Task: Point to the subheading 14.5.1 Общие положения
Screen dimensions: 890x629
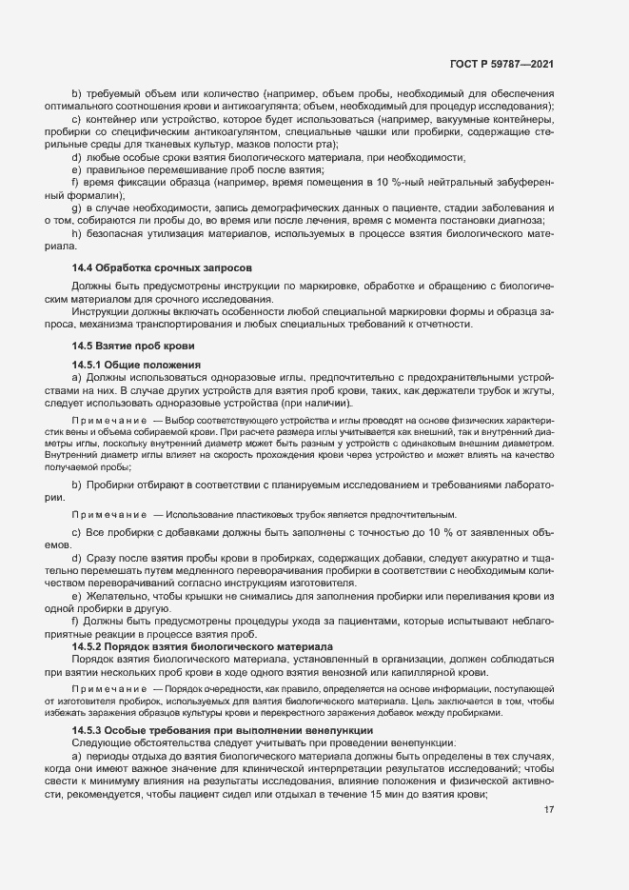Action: pyautogui.click(x=136, y=365)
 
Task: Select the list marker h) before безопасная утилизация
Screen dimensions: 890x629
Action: pyautogui.click(x=76, y=234)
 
